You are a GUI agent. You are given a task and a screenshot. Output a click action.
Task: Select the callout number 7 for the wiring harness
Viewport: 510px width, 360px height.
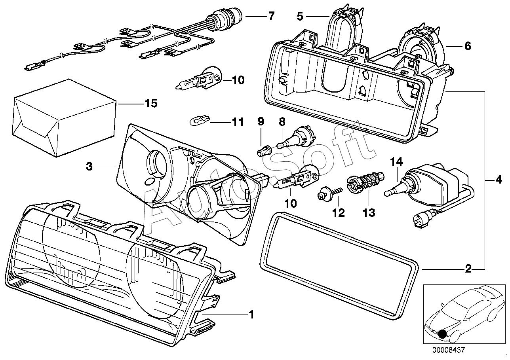(x=271, y=16)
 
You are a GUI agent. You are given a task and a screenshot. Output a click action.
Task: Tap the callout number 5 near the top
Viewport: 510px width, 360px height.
(x=300, y=16)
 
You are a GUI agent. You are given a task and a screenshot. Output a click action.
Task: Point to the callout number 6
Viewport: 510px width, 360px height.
(x=467, y=47)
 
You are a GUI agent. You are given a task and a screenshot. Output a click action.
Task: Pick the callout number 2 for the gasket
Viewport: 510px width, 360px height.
(x=468, y=270)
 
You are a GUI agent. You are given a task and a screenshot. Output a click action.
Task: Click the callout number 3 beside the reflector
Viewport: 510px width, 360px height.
(x=89, y=167)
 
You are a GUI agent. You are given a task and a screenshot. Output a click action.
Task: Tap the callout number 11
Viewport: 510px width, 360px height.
(x=238, y=122)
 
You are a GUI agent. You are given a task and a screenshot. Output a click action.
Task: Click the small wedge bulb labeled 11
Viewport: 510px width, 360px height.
(x=199, y=120)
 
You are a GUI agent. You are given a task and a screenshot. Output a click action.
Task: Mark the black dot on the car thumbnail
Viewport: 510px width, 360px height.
(x=442, y=334)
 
